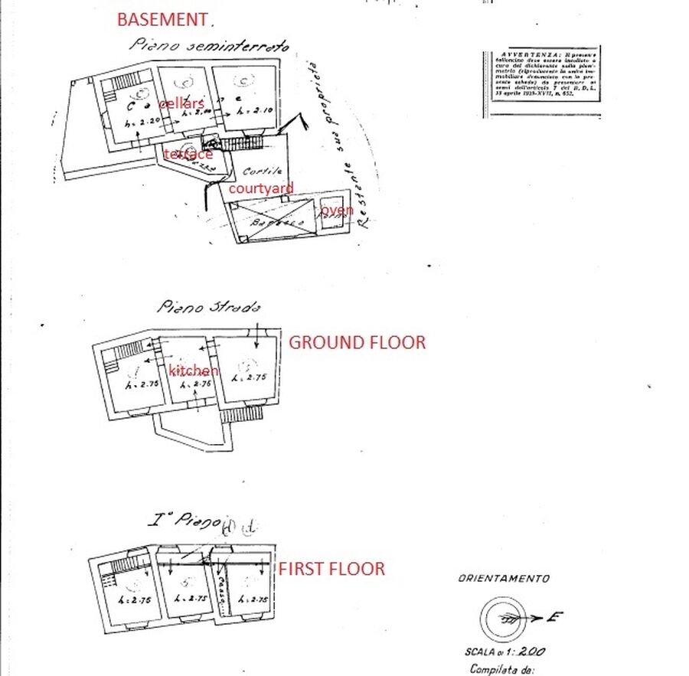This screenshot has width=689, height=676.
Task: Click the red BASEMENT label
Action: coord(162,19)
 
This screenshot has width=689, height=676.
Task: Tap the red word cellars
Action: coord(181,103)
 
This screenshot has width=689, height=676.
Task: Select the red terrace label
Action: coord(189,154)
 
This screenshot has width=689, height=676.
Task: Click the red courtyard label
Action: coord(260,188)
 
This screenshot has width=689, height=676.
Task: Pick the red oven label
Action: coord(337,210)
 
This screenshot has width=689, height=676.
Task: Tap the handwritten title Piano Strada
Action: coord(209,306)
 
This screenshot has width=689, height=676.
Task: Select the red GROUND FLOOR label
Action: coord(357,342)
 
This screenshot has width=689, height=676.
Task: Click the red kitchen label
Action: coord(194,371)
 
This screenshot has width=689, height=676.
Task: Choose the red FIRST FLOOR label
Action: coord(331,569)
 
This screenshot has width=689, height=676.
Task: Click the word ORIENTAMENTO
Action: coord(503,580)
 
